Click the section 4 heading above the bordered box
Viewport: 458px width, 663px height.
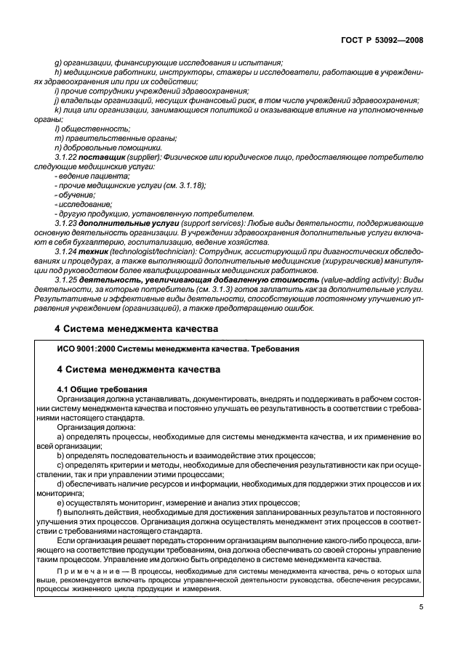[137, 328]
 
